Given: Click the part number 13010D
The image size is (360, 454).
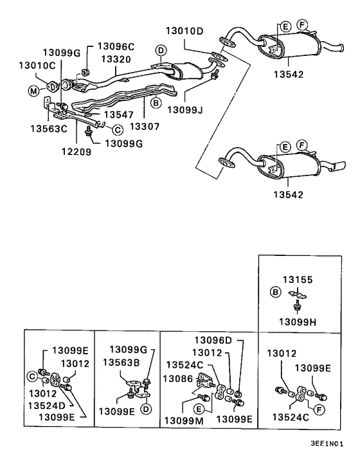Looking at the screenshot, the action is click(x=184, y=31).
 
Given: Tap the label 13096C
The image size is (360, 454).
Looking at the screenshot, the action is click(x=116, y=46).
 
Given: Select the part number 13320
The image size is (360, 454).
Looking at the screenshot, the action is click(x=116, y=59).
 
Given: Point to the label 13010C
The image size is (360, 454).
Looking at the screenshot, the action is click(x=37, y=66).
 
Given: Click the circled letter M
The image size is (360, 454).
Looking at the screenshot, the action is click(x=33, y=91).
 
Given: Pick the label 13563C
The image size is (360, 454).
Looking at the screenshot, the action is click(x=49, y=129).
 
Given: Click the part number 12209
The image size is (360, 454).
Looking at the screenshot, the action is click(x=76, y=151).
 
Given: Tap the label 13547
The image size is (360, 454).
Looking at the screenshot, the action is click(x=119, y=114).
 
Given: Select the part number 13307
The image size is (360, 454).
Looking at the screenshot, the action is click(x=145, y=127).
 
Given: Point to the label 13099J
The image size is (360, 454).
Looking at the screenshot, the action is click(x=185, y=110).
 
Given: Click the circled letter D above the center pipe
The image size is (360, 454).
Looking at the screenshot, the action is click(x=161, y=50).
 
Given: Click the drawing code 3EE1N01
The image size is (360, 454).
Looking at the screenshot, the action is click(x=327, y=444).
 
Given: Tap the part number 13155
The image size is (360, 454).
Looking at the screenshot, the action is click(x=298, y=280).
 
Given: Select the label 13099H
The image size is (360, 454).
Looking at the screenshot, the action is click(x=298, y=322).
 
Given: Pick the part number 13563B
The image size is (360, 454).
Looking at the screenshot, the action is click(x=122, y=362).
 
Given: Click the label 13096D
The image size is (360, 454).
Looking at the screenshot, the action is click(x=213, y=340).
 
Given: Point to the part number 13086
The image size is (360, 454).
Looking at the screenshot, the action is click(x=177, y=378).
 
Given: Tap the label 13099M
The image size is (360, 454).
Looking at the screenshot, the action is click(x=184, y=421).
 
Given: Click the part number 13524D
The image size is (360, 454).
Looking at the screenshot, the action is click(x=47, y=405).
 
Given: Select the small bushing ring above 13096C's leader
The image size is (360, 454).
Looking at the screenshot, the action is click(x=84, y=72).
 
